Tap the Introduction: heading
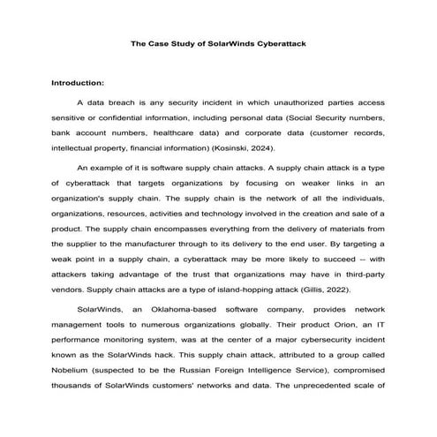point(79,82)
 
